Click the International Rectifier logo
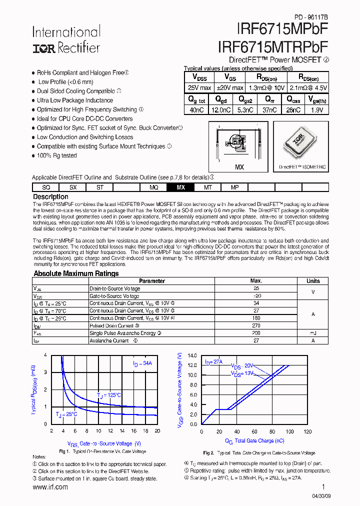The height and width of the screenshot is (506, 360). [x=66, y=40]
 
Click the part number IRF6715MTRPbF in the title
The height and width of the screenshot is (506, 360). [x=273, y=46]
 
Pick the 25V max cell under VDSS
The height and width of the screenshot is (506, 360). [x=199, y=88]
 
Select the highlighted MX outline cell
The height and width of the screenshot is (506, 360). [x=181, y=187]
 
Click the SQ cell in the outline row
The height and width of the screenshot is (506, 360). [x=46, y=187]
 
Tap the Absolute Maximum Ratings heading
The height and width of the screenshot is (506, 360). [x=76, y=273]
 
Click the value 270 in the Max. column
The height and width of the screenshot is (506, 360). [x=256, y=325]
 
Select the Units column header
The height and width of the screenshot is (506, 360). [x=313, y=281]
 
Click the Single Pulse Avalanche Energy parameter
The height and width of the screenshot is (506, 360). [x=122, y=333]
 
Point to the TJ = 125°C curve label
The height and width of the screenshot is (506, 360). [x=109, y=395]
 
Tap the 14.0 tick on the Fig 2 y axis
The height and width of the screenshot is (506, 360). [x=192, y=355]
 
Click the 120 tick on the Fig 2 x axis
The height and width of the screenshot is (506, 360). [x=307, y=431]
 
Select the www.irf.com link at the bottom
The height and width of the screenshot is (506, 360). [x=50, y=487]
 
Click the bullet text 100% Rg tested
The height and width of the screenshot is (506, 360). [x=57, y=155]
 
